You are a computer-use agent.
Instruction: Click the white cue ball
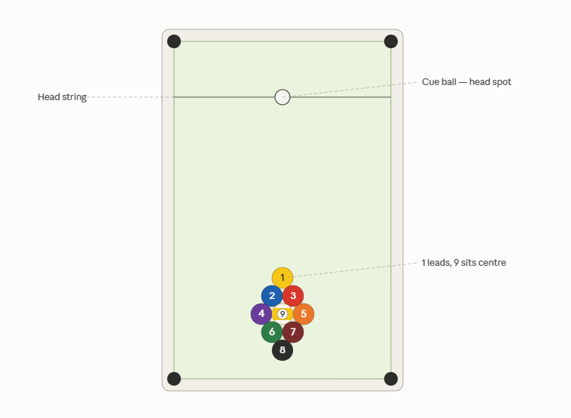pyautogui.click(x=282, y=97)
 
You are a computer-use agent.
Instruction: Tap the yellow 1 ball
pyautogui.click(x=282, y=278)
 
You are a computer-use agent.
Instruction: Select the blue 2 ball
pyautogui.click(x=272, y=296)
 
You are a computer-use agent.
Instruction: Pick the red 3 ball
pyautogui.click(x=293, y=296)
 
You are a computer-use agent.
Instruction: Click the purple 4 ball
pyautogui.click(x=261, y=314)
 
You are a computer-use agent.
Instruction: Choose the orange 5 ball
pyautogui.click(x=304, y=314)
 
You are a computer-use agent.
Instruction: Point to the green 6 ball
pyautogui.click(x=272, y=331)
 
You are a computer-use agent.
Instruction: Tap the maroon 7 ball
pyautogui.click(x=293, y=331)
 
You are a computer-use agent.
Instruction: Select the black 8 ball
pyautogui.click(x=282, y=350)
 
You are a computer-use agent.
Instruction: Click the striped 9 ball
pyautogui.click(x=282, y=314)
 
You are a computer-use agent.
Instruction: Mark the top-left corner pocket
pyautogui.click(x=174, y=41)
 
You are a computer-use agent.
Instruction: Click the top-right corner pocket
pyautogui.click(x=391, y=41)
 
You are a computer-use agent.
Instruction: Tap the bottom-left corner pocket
pyautogui.click(x=174, y=379)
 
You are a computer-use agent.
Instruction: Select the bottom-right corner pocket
pyautogui.click(x=391, y=379)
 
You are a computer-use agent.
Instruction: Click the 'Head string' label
pyautogui.click(x=63, y=97)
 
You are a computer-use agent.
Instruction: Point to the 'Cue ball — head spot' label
pyautogui.click(x=466, y=82)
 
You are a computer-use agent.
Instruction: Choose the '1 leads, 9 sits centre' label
pyautogui.click(x=463, y=263)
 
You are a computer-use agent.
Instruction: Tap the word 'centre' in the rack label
pyautogui.click(x=493, y=263)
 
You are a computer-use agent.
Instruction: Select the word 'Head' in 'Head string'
pyautogui.click(x=48, y=97)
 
